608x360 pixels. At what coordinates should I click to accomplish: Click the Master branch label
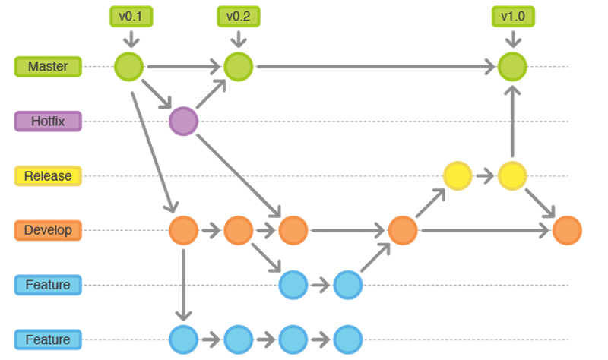point(47,66)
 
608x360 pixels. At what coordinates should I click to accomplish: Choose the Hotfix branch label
point(47,121)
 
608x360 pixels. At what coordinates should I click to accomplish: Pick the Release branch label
point(47,175)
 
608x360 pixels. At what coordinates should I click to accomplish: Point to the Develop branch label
point(47,229)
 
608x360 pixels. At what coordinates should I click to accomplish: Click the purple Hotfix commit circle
point(183,121)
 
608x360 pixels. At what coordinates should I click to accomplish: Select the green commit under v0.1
point(128,66)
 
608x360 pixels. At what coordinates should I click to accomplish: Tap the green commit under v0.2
point(238,66)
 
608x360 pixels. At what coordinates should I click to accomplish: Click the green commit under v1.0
point(512,66)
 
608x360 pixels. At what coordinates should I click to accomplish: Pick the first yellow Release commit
point(458,175)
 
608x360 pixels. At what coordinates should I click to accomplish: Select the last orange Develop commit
point(567,229)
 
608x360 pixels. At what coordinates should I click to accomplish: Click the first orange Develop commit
point(183,229)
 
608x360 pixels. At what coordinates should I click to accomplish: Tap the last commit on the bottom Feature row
point(347,339)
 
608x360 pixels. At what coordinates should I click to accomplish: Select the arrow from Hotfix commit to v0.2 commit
point(211,93)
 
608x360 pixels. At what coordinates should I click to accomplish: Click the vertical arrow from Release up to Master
point(512,121)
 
